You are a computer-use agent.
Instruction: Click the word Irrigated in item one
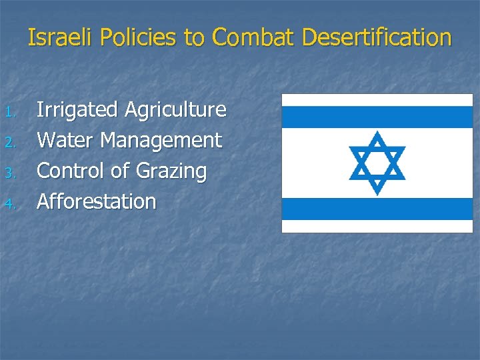click(77, 110)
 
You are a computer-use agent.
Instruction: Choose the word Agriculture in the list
click(175, 110)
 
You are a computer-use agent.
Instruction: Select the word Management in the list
click(162, 141)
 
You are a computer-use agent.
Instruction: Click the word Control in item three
click(71, 171)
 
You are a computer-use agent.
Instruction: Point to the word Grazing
click(171, 172)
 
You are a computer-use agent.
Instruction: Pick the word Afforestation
click(96, 201)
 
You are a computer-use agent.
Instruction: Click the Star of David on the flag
click(377, 163)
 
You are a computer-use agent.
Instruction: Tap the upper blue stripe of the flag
click(377, 117)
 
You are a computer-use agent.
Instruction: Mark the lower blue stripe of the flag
click(377, 209)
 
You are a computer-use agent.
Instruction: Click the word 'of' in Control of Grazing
click(120, 171)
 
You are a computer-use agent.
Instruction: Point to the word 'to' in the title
click(194, 38)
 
